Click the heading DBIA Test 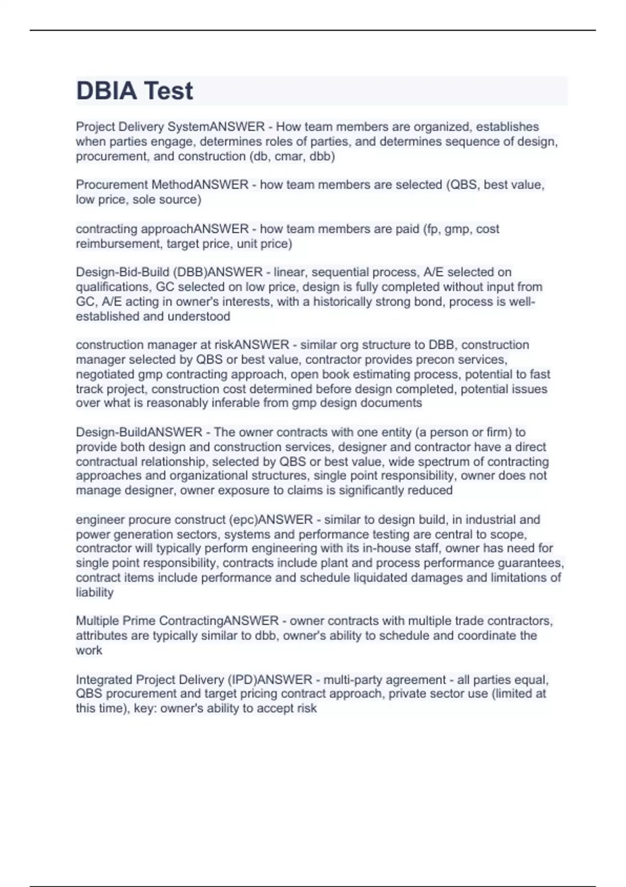[x=135, y=91]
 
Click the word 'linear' [x=289, y=272]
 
